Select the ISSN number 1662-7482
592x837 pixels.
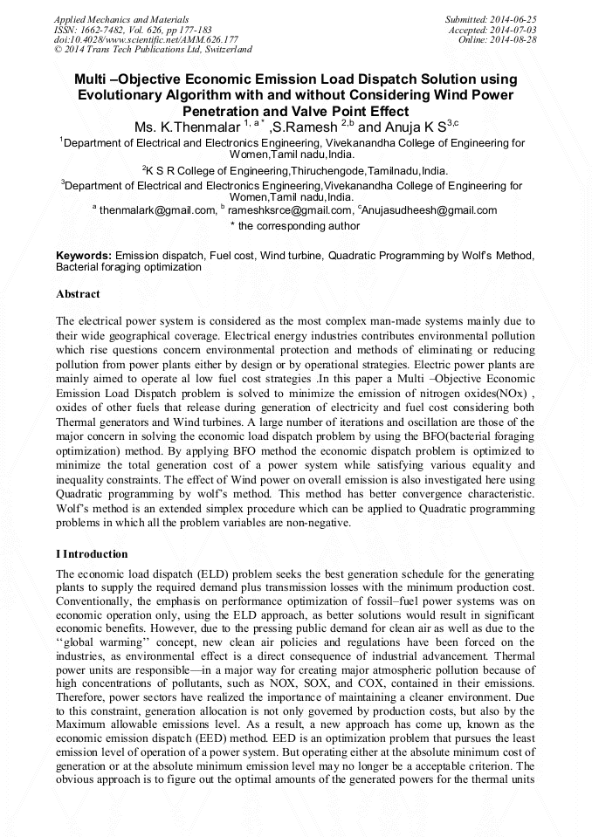(x=101, y=29)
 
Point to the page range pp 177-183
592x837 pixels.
(x=183, y=29)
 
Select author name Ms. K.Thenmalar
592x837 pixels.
(x=182, y=127)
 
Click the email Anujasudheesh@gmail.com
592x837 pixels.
(x=428, y=210)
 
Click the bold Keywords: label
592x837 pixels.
(x=83, y=255)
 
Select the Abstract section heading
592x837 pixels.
(x=78, y=295)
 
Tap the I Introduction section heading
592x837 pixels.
(x=92, y=554)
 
